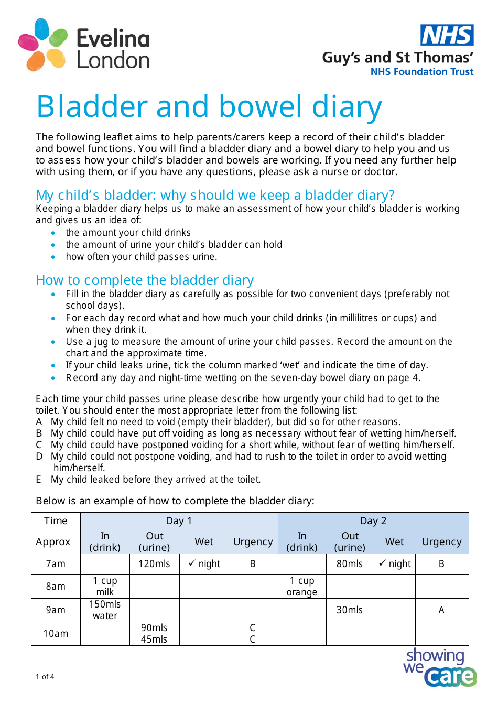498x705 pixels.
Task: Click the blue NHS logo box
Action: tap(447, 35)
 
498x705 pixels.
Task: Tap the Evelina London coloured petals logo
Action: tap(42, 45)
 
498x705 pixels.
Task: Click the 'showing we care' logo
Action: tap(439, 667)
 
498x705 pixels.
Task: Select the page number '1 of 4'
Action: tap(45, 677)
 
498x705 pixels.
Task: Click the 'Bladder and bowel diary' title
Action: tap(209, 107)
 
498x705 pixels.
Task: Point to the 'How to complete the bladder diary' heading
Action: tap(145, 280)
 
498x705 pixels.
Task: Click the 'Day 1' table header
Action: tap(179, 520)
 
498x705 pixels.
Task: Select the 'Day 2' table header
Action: tap(373, 520)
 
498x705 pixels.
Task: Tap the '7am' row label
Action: tap(56, 564)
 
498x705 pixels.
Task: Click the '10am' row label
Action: tap(56, 633)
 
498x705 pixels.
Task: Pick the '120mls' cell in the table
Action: tap(154, 564)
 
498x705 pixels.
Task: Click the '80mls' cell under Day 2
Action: tap(350, 564)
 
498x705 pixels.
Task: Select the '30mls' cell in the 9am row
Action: tap(350, 610)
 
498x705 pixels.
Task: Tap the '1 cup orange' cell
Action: tap(302, 587)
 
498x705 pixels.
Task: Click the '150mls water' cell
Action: tap(105, 610)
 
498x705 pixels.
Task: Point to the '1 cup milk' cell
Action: tap(105, 587)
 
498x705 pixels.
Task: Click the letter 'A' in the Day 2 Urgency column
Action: tap(441, 610)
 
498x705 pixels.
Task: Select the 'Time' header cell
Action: tap(56, 520)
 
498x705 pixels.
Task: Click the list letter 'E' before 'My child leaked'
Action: tap(39, 480)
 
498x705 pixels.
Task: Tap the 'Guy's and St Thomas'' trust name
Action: tap(398, 57)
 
